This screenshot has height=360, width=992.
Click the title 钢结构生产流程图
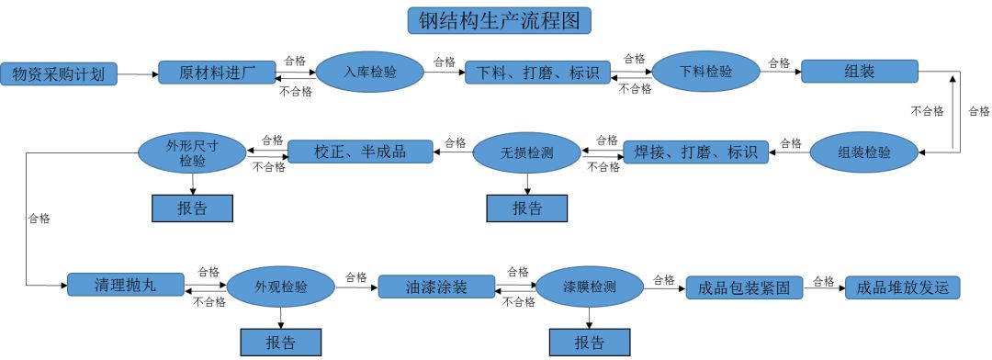pyautogui.click(x=499, y=20)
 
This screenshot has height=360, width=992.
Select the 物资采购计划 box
pyautogui.click(x=60, y=73)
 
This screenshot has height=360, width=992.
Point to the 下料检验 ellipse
pyautogui.click(x=705, y=72)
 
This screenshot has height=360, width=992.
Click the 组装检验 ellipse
pyautogui.click(x=863, y=152)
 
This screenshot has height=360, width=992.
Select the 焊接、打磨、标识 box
pyautogui.click(x=695, y=152)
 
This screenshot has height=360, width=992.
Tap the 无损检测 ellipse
pyautogui.click(x=526, y=152)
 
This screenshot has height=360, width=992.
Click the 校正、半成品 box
pyautogui.click(x=360, y=152)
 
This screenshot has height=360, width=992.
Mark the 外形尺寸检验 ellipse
pyautogui.click(x=192, y=152)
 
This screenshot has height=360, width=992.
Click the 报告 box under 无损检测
pyautogui.click(x=526, y=208)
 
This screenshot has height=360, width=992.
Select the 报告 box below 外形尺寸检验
pyautogui.click(x=192, y=208)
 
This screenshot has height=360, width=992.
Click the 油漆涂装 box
pyautogui.click(x=436, y=287)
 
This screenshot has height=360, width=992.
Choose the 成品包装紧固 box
pyautogui.click(x=744, y=287)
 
